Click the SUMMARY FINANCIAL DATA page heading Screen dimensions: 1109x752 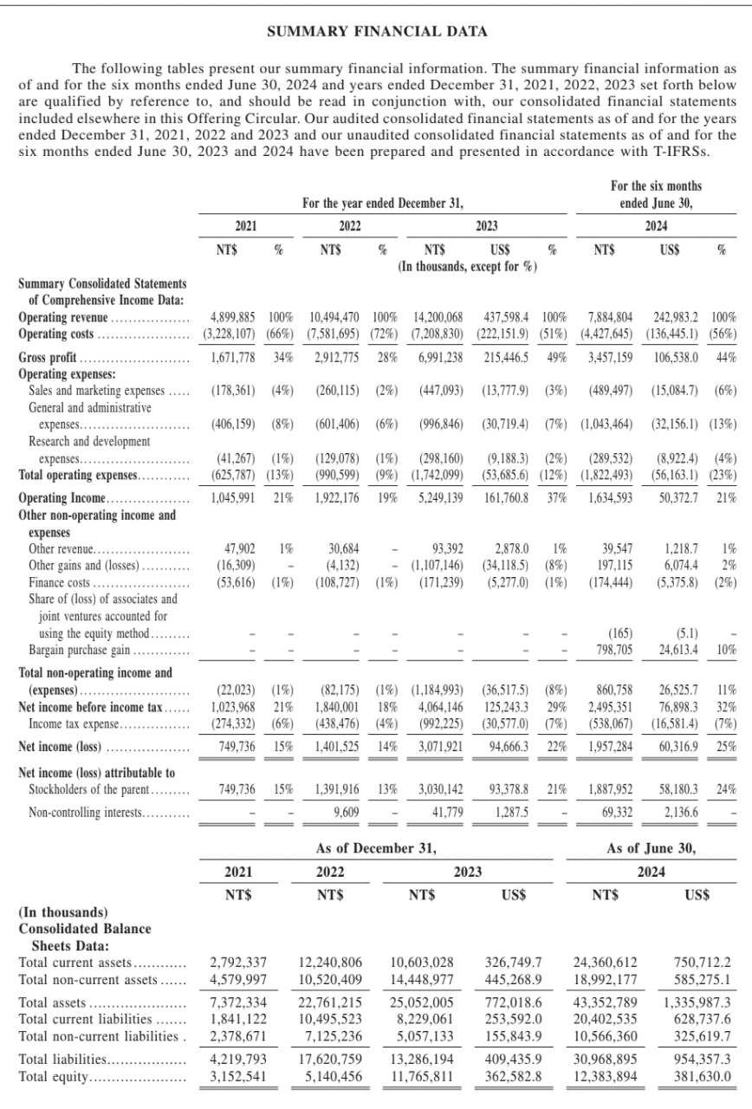376,32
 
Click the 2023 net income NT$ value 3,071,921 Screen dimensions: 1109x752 438,745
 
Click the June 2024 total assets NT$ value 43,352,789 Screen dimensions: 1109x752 606,1002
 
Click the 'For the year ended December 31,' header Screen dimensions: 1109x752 383,204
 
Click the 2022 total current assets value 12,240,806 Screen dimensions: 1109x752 330,963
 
